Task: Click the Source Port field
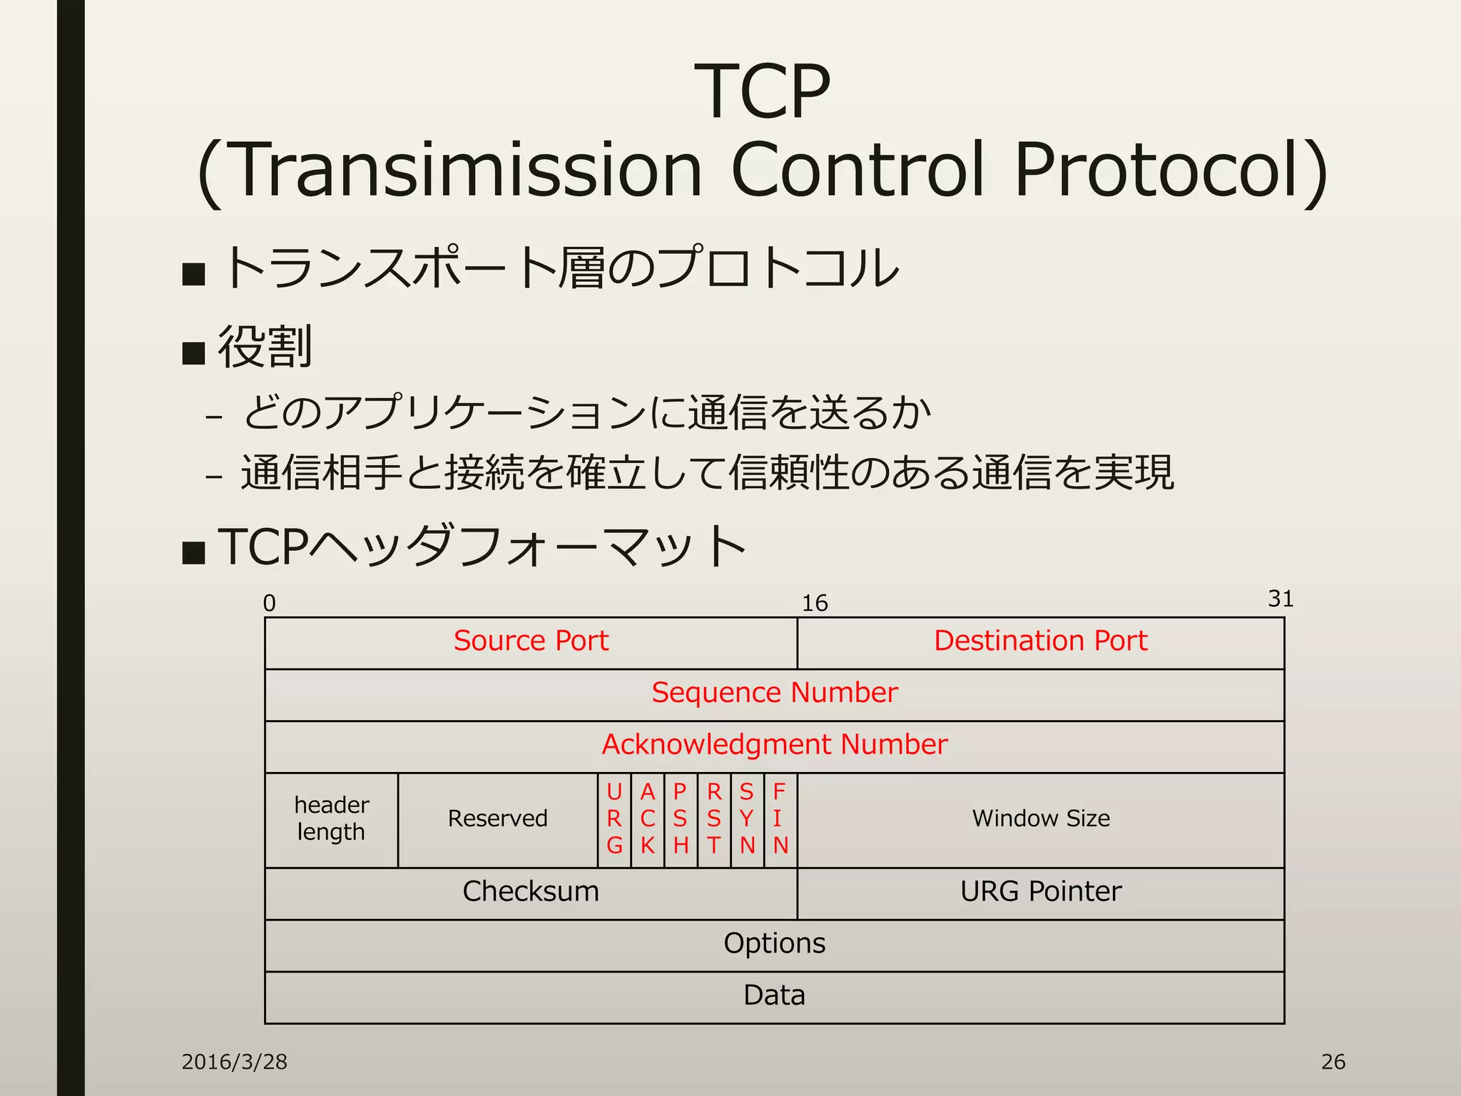point(531,641)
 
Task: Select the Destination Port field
point(1040,641)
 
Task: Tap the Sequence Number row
point(774,694)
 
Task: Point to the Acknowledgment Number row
point(774,746)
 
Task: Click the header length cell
point(331,819)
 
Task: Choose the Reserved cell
point(497,819)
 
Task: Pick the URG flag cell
point(614,819)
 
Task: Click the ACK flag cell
point(647,819)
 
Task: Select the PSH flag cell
point(681,819)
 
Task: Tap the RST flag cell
point(713,819)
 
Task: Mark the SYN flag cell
point(747,819)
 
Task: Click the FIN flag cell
point(780,819)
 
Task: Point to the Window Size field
point(1040,819)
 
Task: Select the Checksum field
point(531,893)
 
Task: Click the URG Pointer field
point(1040,893)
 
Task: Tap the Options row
point(774,944)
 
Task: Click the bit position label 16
point(814,604)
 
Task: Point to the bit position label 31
point(1281,599)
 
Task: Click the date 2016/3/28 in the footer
point(234,1062)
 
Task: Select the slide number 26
point(1333,1062)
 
